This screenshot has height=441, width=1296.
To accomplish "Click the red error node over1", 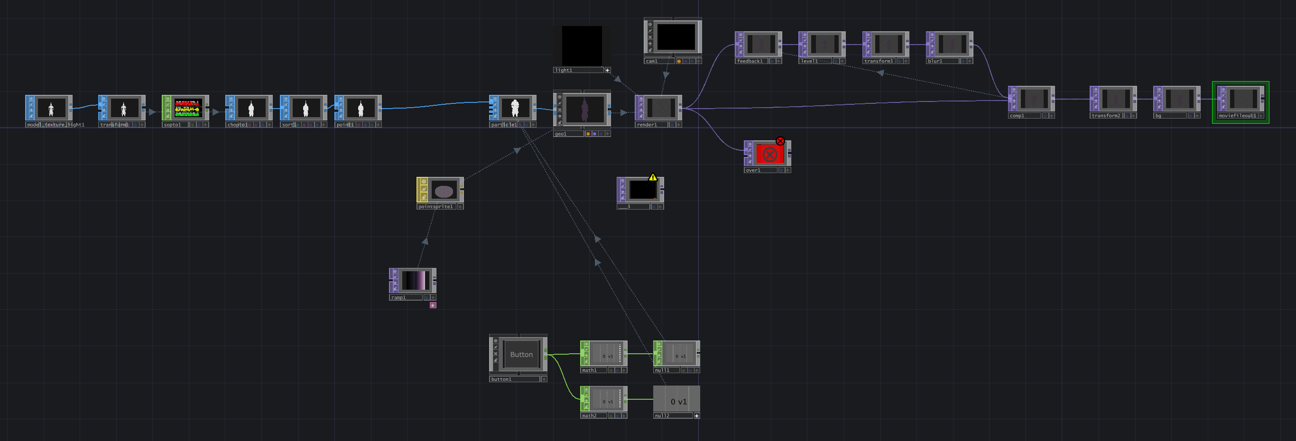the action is tap(769, 154).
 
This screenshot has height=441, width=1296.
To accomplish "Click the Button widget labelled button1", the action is tap(521, 355).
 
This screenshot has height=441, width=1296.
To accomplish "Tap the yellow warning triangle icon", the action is tap(653, 177).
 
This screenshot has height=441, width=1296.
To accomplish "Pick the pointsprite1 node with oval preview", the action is tap(443, 191).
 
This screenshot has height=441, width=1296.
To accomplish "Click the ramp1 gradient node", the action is tap(415, 281).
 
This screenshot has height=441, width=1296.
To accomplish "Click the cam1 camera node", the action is tap(676, 37).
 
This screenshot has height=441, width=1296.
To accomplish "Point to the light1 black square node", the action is tap(582, 45).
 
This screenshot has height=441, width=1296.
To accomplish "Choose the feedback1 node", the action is tap(760, 44).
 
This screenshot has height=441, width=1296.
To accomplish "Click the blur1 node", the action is tap(952, 44).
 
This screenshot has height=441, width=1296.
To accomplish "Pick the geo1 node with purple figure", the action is tap(583, 110).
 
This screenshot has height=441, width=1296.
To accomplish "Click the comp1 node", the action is tap(1033, 99).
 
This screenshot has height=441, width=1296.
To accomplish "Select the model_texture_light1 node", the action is tap(51, 108).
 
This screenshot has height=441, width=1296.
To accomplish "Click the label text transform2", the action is tap(1105, 116).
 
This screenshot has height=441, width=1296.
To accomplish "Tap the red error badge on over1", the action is tap(780, 141).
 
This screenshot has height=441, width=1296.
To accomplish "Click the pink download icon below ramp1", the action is tap(433, 305).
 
